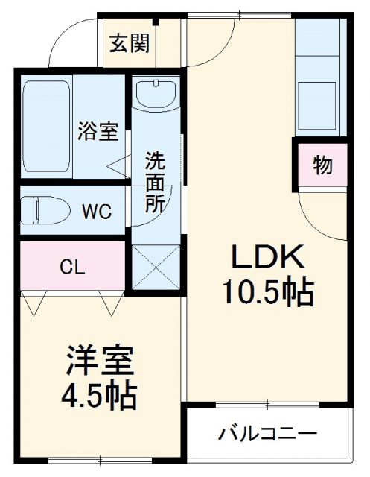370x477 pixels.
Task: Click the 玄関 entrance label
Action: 131,42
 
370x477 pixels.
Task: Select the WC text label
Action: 96,212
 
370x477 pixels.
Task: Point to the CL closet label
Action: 71,266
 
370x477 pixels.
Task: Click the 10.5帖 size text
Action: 266,292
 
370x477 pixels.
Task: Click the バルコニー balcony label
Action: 268,433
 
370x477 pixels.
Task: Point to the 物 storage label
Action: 322,165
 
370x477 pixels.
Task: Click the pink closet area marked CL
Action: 71,266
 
